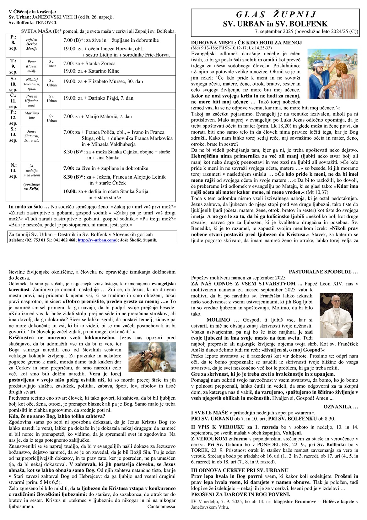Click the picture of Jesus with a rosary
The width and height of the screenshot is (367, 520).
pyautogui.click(x=152, y=357)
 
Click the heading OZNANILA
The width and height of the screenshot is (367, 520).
pyautogui.click(x=341, y=407)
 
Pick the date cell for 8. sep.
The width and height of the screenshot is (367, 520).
pyautogui.click(x=13, y=42)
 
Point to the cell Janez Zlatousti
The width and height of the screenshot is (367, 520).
pyautogui.click(x=32, y=136)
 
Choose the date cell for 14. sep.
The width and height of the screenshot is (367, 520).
pyautogui.click(x=13, y=170)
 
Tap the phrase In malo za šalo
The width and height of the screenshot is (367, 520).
pyautogui.click(x=29, y=207)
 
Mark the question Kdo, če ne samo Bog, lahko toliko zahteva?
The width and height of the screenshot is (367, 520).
pyautogui.click(x=57, y=416)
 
